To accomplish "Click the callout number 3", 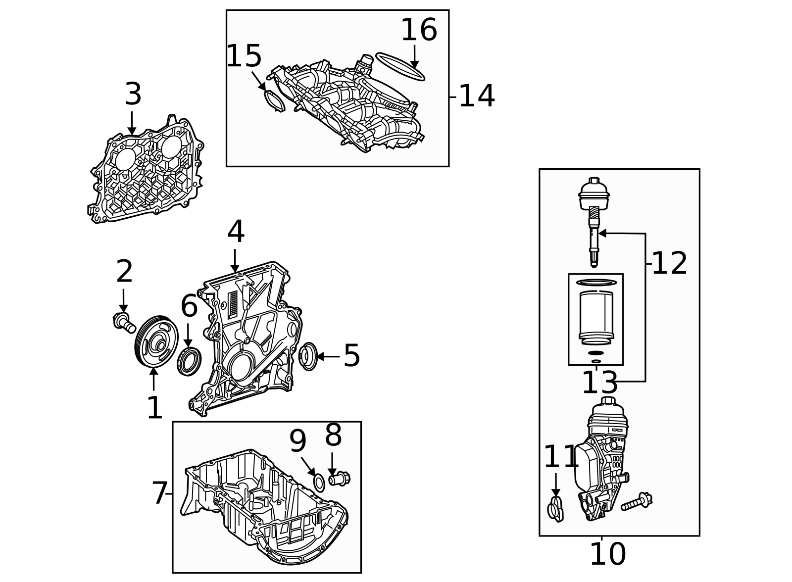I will pos(133,95).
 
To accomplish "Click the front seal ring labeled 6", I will pos(189,361).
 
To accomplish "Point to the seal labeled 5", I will pos(308,356).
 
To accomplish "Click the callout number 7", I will pos(159,493).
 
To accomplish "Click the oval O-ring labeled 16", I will pos(400,66).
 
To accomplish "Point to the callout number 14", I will pos(476,97).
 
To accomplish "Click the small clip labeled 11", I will pos(555,510).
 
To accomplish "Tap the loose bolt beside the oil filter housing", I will pos(637,502).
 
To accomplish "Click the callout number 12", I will pos(669,264).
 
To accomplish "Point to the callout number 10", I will pos(607,555).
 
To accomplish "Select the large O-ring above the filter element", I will pos(596,283).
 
